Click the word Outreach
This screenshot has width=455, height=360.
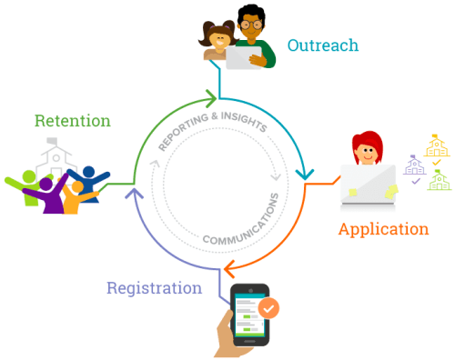323,45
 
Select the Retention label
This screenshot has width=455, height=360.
73,121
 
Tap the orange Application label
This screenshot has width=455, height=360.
383,229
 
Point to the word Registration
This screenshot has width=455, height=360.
154,288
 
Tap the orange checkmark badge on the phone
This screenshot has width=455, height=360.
268,309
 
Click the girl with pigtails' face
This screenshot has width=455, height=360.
218,39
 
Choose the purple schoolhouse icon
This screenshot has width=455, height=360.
415,166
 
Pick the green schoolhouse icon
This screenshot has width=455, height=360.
440,180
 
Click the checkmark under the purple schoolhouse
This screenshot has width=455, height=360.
415,182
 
